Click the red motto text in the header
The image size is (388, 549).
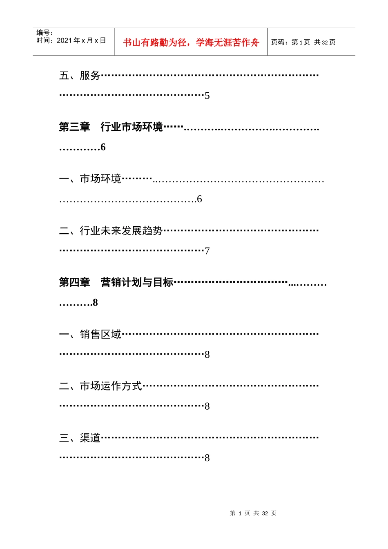pos(191,42)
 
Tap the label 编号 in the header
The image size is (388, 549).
pos(44,33)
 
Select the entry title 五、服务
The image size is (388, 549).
pos(80,76)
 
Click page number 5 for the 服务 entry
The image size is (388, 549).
pos(207,96)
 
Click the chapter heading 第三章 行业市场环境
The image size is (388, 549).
pos(111,127)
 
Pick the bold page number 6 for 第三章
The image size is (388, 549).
pos(103,147)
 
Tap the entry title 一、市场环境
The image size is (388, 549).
pos(90,179)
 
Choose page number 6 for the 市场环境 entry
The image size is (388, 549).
pos(199,199)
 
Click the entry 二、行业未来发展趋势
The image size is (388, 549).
pos(111,231)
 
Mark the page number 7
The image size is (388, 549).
pos(207,251)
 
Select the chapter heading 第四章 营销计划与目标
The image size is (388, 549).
pos(116,282)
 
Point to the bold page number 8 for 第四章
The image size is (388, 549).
pos(95,303)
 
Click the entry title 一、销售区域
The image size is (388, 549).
pos(90,335)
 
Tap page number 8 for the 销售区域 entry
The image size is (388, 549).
pos(207,355)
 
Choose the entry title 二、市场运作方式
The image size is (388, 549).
pos(100,386)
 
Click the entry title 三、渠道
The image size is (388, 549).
pos(80,438)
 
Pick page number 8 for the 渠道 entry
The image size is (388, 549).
pos(207,458)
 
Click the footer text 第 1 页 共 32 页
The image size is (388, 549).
pos(253,513)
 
